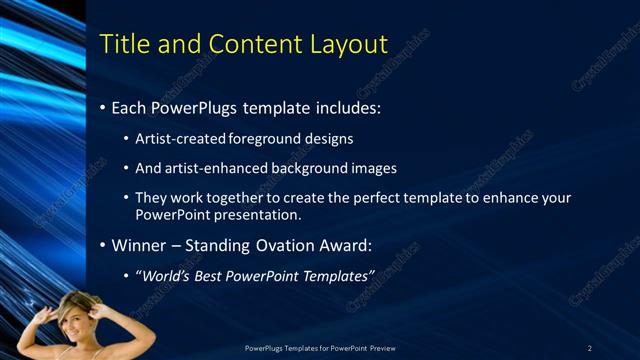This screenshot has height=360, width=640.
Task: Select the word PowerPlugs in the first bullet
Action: [194, 107]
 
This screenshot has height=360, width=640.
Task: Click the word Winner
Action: [138, 245]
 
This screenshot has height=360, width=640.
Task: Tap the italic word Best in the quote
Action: [214, 275]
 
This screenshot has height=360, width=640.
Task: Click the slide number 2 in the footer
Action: [590, 347]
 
